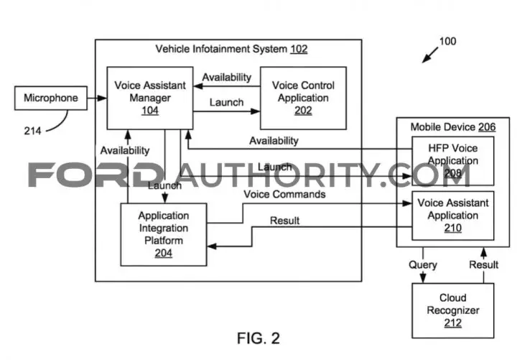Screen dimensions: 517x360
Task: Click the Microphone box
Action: (x=51, y=98)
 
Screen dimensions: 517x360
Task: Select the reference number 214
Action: (x=32, y=131)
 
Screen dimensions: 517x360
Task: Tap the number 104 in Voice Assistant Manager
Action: (x=150, y=110)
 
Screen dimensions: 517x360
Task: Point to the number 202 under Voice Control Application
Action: (x=303, y=110)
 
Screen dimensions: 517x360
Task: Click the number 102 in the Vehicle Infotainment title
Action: (x=299, y=49)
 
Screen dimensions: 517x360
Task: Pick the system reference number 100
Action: (x=447, y=41)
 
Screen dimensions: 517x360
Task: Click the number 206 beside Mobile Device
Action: (x=487, y=127)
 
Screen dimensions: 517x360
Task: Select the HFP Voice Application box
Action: (x=452, y=161)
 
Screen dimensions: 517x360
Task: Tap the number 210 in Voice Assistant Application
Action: (x=452, y=228)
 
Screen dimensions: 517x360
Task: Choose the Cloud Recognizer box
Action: (x=452, y=310)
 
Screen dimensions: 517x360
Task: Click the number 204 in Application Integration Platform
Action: (x=164, y=253)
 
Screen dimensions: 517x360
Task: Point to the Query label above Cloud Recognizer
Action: (x=423, y=264)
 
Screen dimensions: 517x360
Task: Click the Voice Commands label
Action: (x=284, y=194)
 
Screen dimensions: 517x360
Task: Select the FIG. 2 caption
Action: (x=258, y=338)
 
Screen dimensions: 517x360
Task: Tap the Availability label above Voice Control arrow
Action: (x=227, y=77)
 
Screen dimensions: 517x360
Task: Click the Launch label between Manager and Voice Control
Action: (x=226, y=102)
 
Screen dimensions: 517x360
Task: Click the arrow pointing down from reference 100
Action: (x=430, y=55)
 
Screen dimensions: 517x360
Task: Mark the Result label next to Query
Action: (x=484, y=264)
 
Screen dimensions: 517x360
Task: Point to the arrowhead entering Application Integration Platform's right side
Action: (x=212, y=246)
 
